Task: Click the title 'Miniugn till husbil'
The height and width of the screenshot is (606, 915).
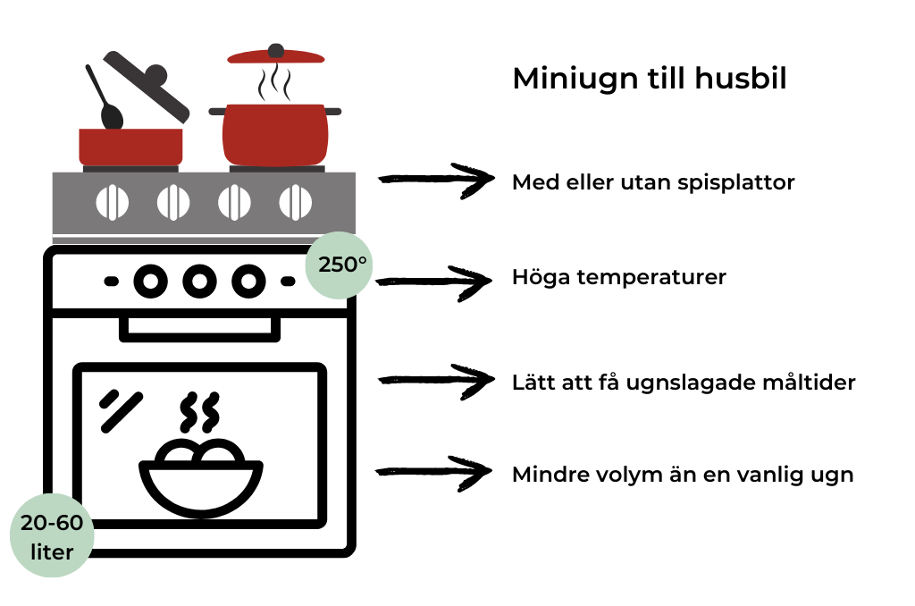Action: point(650,79)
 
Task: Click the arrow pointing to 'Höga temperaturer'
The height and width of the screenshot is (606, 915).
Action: point(435,280)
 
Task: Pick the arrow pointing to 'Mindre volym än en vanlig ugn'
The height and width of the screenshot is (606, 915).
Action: point(435,473)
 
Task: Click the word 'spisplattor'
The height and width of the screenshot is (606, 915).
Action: point(741,182)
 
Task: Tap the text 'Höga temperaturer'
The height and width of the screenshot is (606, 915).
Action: point(619,277)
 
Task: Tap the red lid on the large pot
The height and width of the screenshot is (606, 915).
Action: point(276,55)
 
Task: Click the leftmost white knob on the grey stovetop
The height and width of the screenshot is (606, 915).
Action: point(112,203)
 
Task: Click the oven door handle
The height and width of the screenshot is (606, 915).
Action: point(199,328)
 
